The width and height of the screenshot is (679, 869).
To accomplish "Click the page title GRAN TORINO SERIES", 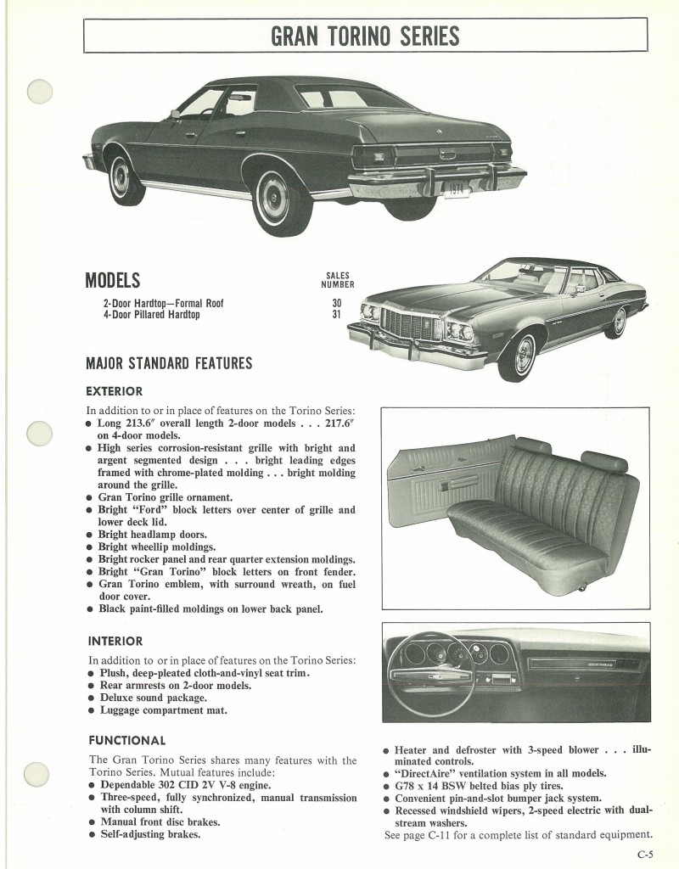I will coord(365,35).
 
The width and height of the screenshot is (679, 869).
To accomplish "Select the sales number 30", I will coord(336,303).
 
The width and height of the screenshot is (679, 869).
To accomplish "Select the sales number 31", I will coord(336,315).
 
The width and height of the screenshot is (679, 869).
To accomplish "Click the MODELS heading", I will coord(113,281).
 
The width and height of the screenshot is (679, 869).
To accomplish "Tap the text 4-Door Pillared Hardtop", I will coord(151,315).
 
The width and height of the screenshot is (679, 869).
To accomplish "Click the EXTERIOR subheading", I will coord(115,391).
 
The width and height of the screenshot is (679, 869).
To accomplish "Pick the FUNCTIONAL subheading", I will coord(126,740).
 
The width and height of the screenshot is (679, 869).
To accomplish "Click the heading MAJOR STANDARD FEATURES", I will coord(169,363).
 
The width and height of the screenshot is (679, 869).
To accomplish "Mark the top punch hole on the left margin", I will coord(40,92).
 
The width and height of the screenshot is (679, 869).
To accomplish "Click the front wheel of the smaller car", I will coord(517,354).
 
